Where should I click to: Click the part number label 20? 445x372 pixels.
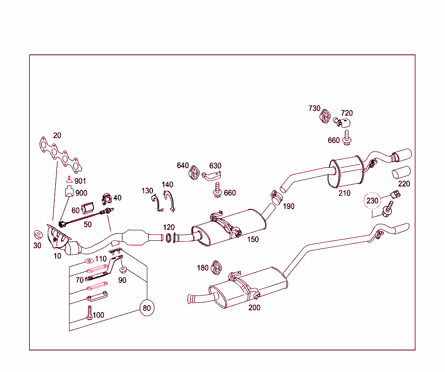57,136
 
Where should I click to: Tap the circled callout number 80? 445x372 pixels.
147,308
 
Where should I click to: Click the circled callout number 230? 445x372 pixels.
372,201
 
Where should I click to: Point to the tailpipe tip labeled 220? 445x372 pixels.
402,172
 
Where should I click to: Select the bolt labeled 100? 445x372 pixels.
90,313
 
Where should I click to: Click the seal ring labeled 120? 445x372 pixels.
168,238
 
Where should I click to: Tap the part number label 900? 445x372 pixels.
81,193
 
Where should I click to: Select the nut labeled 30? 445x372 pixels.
39,235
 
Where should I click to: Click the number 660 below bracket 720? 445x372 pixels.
334,140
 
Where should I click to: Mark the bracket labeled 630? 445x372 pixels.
213,176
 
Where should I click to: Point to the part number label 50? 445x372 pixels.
88,224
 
